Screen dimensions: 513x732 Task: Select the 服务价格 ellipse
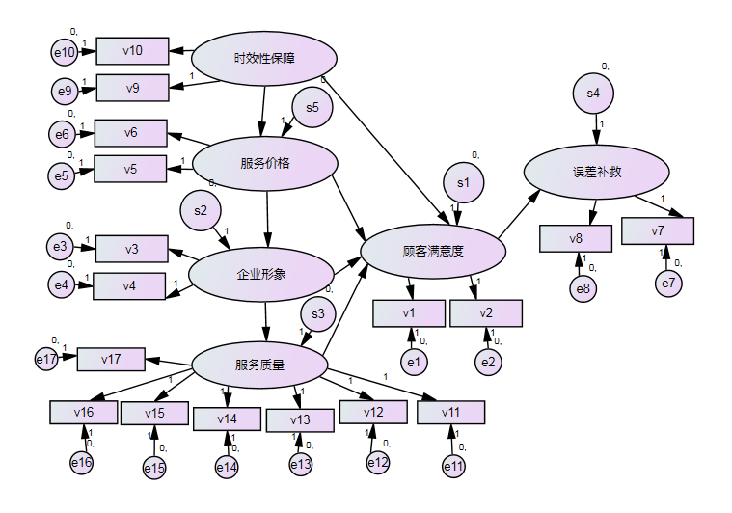point(265,162)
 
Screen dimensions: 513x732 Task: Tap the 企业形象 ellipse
point(261,274)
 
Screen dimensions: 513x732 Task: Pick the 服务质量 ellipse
point(259,364)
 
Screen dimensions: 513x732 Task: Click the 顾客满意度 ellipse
point(433,251)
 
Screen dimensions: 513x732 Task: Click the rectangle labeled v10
point(133,50)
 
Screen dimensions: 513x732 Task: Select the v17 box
point(111,360)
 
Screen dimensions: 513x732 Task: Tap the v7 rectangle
point(658,230)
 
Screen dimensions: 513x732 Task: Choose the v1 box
point(409,312)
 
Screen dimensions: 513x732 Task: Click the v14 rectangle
point(227,418)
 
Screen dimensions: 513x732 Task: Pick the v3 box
point(131,250)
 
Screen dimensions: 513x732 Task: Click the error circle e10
point(65,51)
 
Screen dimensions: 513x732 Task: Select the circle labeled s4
point(593,94)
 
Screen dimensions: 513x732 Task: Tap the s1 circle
point(463,181)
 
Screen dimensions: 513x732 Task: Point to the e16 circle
point(82,464)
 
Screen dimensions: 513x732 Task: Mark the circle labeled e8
point(583,287)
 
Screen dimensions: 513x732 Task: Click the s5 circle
point(312,107)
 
